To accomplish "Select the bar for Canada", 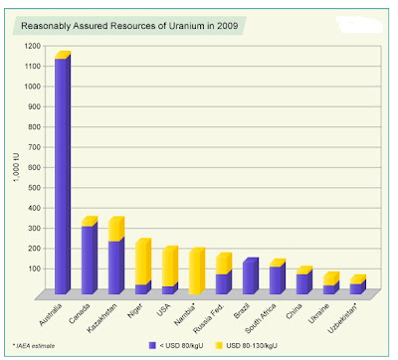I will tap(88, 259).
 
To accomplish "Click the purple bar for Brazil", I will tap(249, 277).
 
